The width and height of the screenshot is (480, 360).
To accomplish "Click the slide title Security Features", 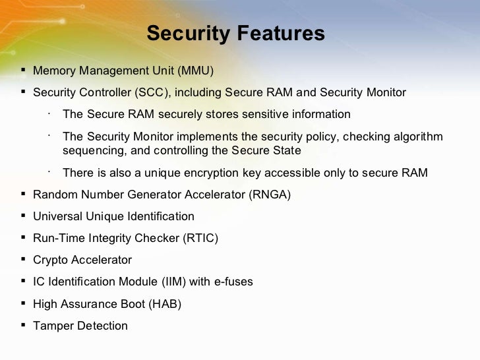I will (x=235, y=34).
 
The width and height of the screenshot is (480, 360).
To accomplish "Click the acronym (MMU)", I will (x=195, y=71).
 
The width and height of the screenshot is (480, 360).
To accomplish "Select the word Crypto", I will (x=50, y=260).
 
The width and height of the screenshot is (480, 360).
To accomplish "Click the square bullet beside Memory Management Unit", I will (x=24, y=70).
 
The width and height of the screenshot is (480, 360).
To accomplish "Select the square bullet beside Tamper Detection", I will (x=24, y=325).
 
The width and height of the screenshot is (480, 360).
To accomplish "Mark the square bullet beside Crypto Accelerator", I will (x=24, y=259).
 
